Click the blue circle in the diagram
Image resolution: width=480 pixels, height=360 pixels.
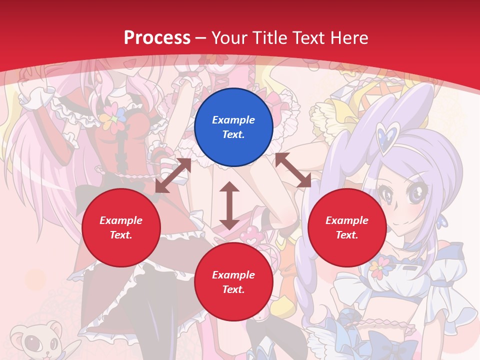(x=233, y=127)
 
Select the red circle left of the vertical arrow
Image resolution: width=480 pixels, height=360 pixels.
(x=121, y=227)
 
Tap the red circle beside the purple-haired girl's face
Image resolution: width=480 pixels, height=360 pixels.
(x=347, y=227)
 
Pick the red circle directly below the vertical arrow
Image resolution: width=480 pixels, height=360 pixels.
(x=233, y=282)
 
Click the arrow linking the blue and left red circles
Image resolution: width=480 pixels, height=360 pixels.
(x=173, y=175)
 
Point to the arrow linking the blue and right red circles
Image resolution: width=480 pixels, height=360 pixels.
(x=293, y=170)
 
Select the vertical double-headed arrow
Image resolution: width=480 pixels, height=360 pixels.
(x=229, y=205)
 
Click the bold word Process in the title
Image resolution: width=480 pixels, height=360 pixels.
(x=157, y=37)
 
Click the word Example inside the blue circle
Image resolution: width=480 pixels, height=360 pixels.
(x=233, y=120)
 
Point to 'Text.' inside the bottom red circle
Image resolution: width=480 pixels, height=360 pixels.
(x=233, y=289)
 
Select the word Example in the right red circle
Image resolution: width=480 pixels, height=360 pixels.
(x=347, y=220)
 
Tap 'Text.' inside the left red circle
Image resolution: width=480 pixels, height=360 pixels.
(x=121, y=235)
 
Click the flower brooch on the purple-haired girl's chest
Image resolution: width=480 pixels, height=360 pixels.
(x=381, y=268)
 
